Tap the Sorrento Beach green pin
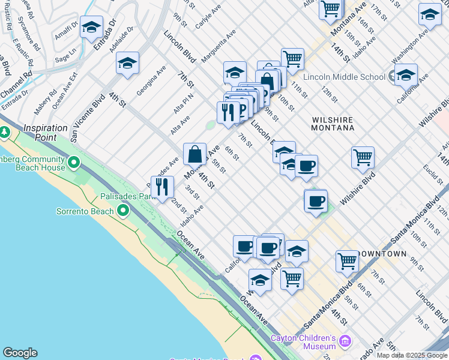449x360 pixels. (x=123, y=210)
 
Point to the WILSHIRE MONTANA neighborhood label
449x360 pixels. (x=333, y=124)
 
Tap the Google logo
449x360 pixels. (x=20, y=353)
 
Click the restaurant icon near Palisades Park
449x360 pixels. (x=162, y=187)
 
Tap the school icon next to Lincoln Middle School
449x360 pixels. (x=406, y=76)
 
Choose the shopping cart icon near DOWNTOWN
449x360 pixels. (x=347, y=262)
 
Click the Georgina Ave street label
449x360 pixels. (x=151, y=80)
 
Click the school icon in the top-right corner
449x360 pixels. (x=430, y=15)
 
